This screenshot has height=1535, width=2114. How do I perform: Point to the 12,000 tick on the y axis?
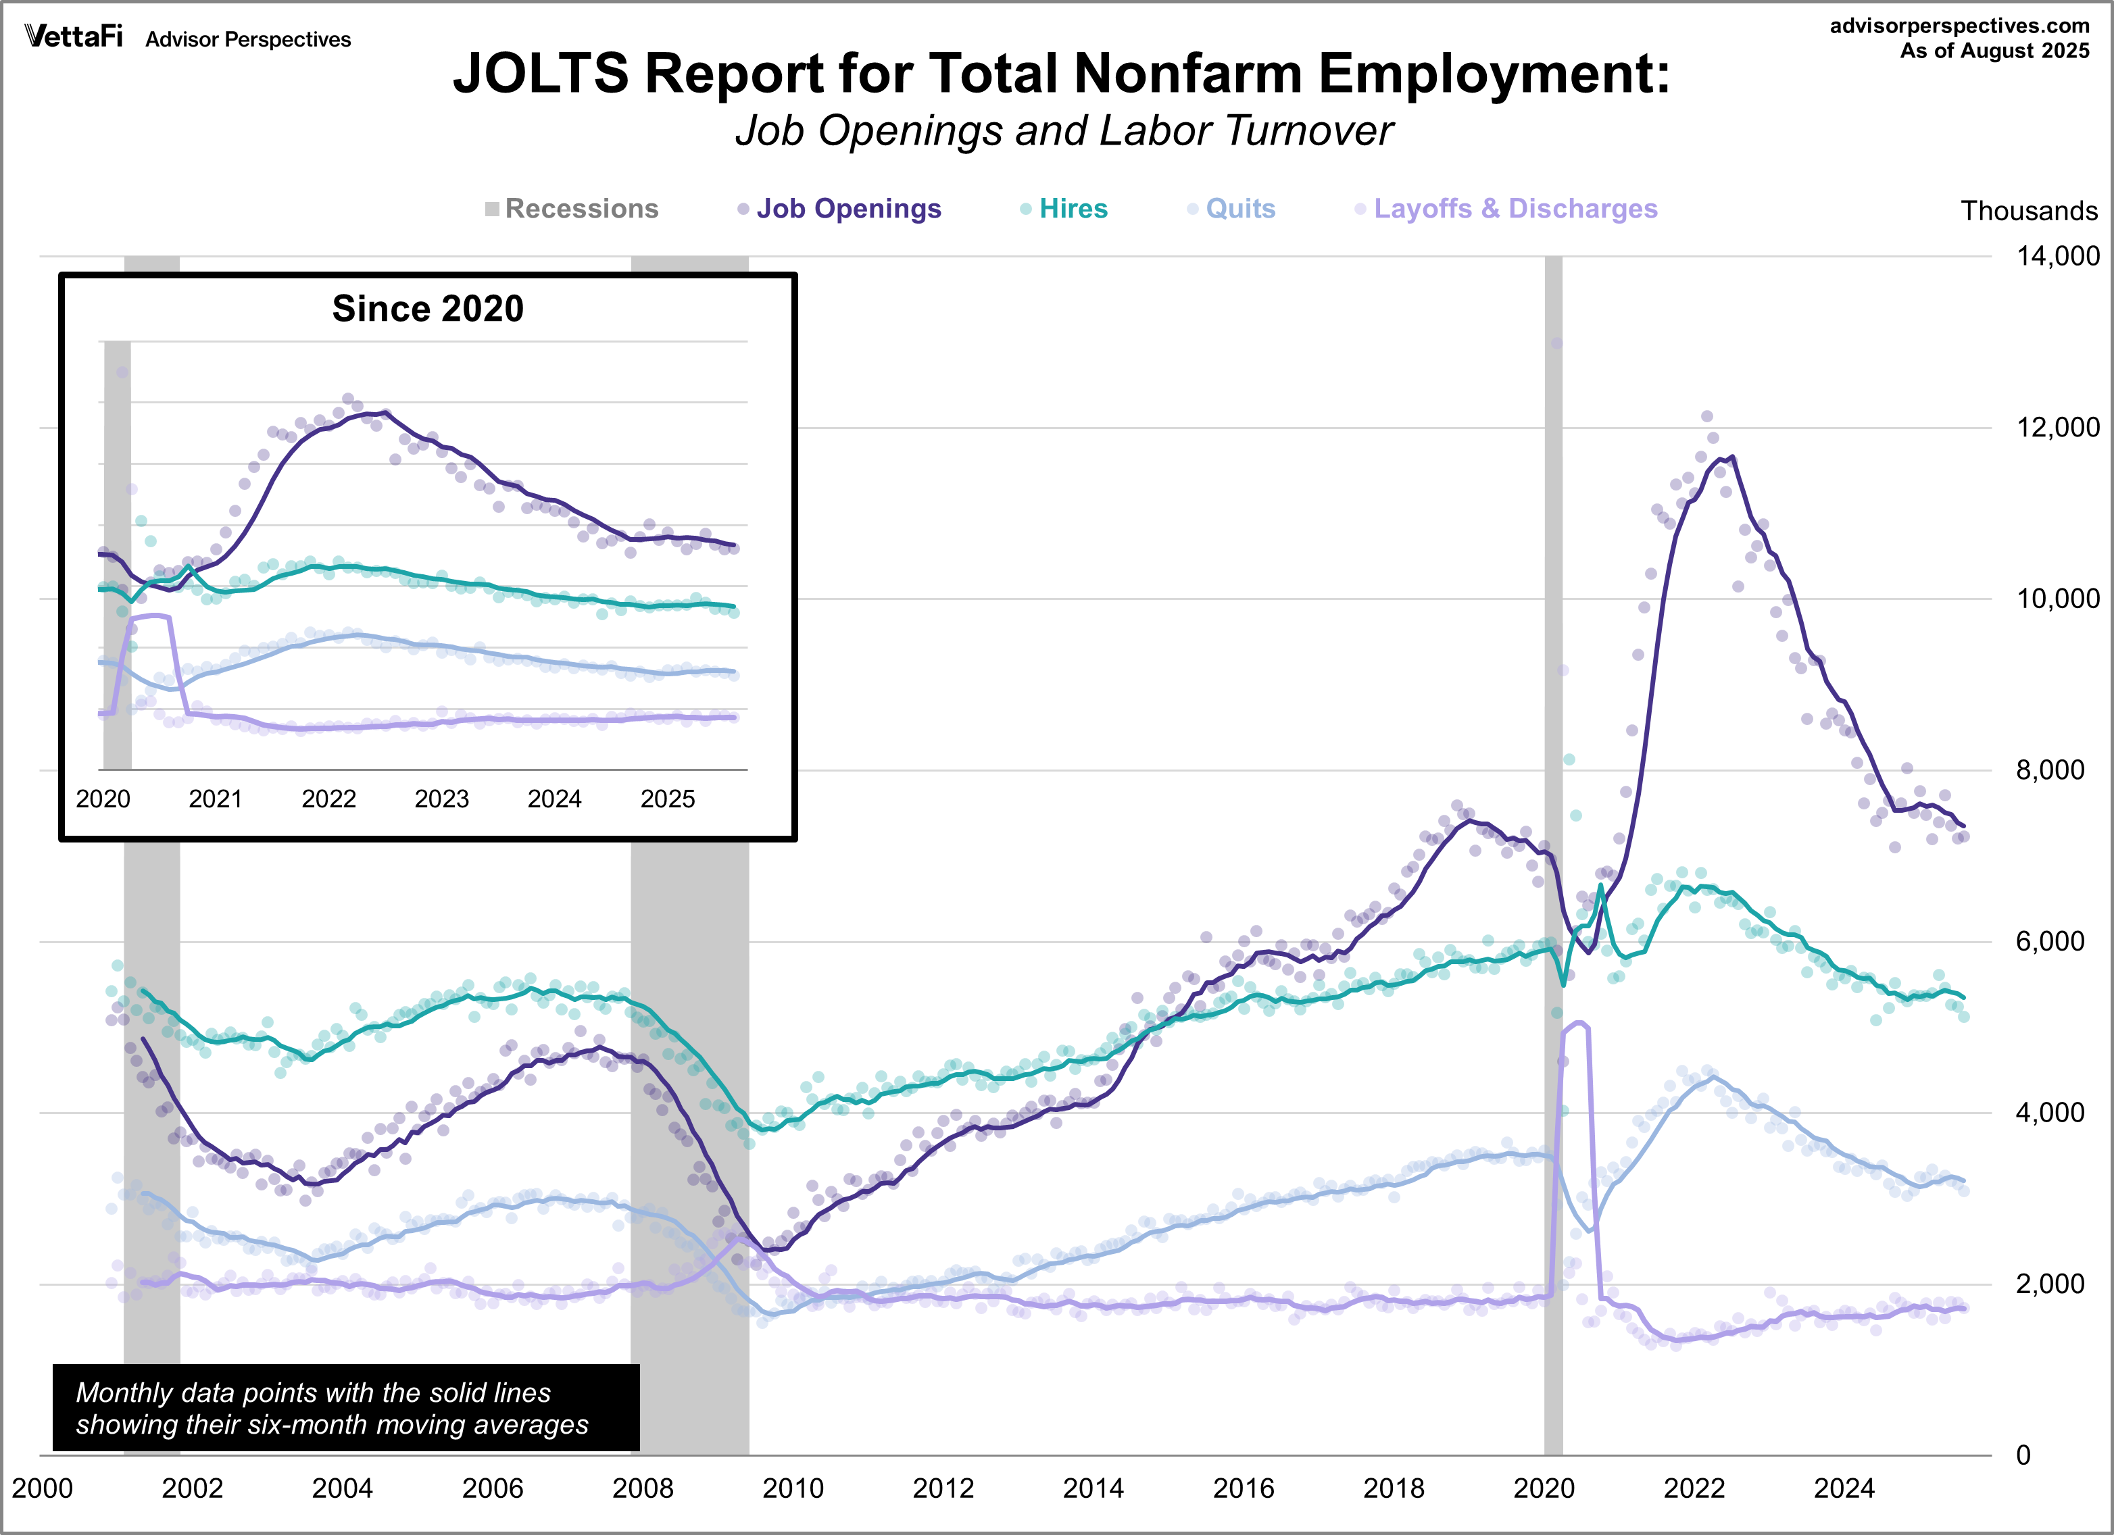pyautogui.click(x=2057, y=428)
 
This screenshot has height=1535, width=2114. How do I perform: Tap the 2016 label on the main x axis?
pyautogui.click(x=1244, y=1488)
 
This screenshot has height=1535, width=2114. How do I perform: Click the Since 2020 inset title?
pyautogui.click(x=428, y=309)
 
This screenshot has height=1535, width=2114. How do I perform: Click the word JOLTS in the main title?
pyautogui.click(x=541, y=73)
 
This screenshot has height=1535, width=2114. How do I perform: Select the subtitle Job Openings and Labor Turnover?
pyautogui.click(x=1064, y=130)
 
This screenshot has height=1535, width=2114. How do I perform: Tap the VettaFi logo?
pyautogui.click(x=74, y=36)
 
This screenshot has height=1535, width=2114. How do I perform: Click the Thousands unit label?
pyautogui.click(x=2028, y=211)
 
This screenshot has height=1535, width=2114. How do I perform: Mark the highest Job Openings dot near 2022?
pyautogui.click(x=1706, y=417)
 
